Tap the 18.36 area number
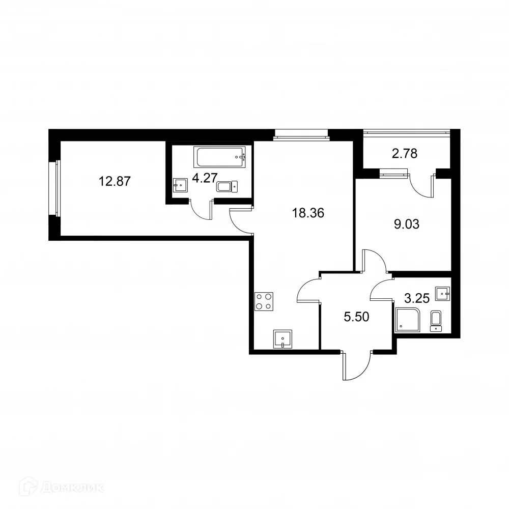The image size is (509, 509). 308,212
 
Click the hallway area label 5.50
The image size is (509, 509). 356,317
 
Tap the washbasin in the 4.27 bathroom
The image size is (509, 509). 180,185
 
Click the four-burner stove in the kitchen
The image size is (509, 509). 264,301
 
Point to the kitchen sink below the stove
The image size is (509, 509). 282,338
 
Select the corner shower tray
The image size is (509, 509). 408,319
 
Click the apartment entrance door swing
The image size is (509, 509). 356,366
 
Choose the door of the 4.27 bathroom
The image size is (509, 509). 202,209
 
